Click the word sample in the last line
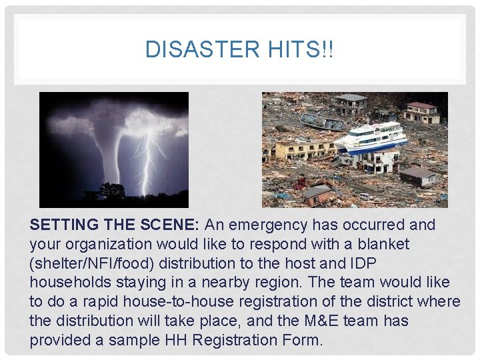point(132,341)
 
